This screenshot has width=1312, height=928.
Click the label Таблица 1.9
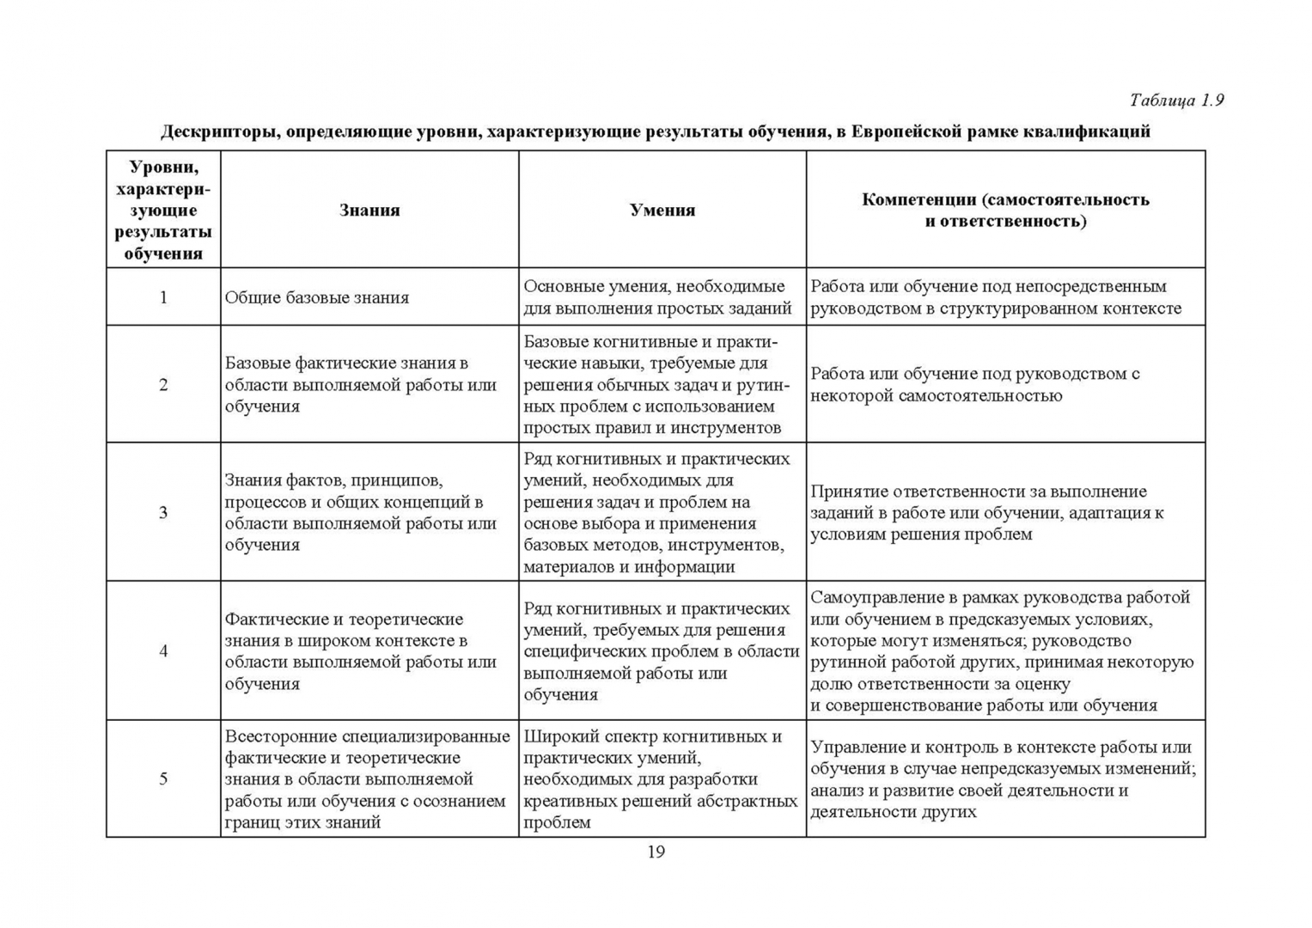1175,101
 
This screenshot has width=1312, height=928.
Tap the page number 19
656,852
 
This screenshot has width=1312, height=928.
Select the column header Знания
369,210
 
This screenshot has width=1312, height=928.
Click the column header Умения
662,210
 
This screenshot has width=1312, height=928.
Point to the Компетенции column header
1005,210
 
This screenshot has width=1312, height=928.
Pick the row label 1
163,297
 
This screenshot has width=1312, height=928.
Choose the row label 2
163,384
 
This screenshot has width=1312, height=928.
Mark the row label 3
163,512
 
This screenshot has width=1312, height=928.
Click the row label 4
163,650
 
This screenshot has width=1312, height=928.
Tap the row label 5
163,778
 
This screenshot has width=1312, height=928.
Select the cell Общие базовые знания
317,297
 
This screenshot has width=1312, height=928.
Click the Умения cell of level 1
657,297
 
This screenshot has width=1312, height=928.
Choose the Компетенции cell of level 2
974,384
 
